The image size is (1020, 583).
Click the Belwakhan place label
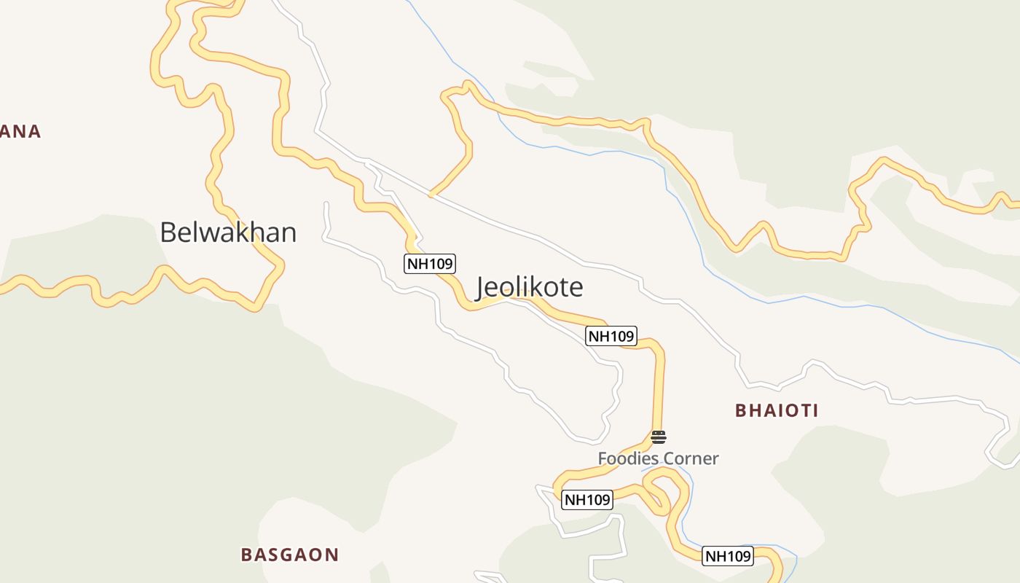pyautogui.click(x=228, y=232)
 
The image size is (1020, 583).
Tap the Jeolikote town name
pyautogui.click(x=530, y=287)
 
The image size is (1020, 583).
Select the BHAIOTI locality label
pyautogui.click(x=777, y=410)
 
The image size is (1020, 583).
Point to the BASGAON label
pyautogui.click(x=290, y=555)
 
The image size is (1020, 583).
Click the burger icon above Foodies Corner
pyautogui.click(x=659, y=437)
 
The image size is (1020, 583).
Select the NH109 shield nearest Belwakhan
pyautogui.click(x=430, y=263)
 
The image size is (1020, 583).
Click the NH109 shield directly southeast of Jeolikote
pyautogui.click(x=611, y=336)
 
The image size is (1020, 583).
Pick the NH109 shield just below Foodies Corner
pyautogui.click(x=587, y=500)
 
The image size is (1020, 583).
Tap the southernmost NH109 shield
pyautogui.click(x=728, y=556)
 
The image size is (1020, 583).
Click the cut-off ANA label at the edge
pyautogui.click(x=20, y=132)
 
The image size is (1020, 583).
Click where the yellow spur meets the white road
pyautogui.click(x=431, y=195)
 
